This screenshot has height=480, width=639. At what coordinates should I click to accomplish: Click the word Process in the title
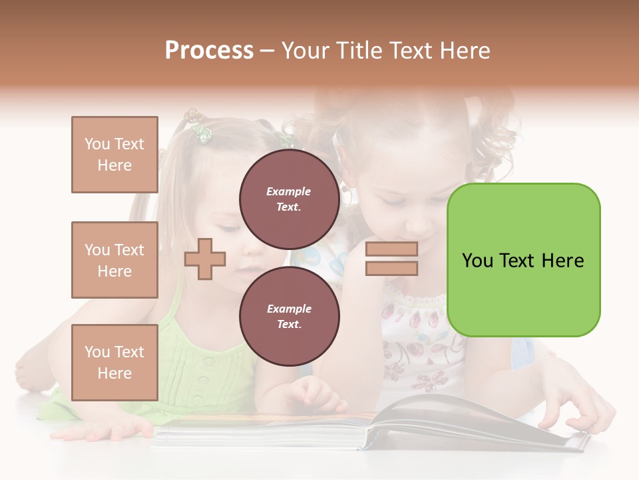coord(209,51)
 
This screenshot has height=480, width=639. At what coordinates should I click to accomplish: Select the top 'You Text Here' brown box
coord(114,155)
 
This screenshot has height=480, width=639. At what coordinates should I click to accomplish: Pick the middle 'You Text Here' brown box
coord(114,260)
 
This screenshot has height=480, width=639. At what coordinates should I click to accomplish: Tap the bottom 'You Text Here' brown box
coord(114,362)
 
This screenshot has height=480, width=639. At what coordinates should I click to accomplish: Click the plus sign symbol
coord(205,259)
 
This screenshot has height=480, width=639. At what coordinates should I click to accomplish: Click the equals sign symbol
coord(391,259)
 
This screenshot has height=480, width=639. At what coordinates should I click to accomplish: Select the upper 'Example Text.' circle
coord(289,199)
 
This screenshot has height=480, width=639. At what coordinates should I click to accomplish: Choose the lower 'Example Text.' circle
coord(289,317)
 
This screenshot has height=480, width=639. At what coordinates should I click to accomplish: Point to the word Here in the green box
coord(562,261)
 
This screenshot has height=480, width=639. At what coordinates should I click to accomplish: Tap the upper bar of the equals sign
coord(391,249)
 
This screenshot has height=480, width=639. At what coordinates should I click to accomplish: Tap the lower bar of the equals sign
coord(391,269)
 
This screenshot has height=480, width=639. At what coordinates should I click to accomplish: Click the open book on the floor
coord(373,427)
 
